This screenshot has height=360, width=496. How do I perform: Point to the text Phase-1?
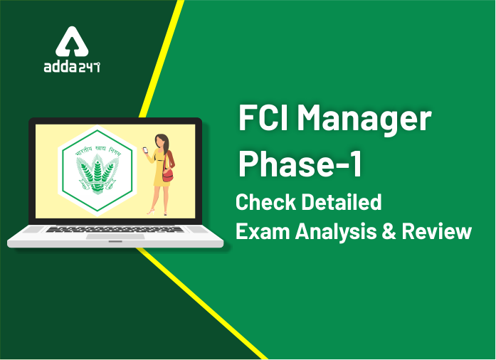point(300,164)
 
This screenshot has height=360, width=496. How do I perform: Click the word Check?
point(268,203)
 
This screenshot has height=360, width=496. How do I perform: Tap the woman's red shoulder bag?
point(169,174)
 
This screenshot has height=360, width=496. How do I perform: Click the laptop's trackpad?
point(115,237)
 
